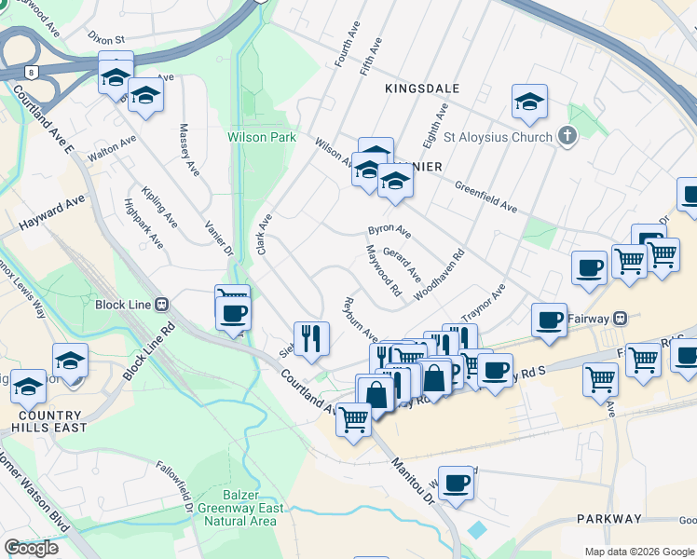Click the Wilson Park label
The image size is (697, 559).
pos(262,137)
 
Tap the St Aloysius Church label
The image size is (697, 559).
pos(498,137)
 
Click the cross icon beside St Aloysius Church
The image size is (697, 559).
pos(567,137)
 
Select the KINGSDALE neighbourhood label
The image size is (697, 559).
pos(422,88)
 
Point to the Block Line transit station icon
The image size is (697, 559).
pos(161,304)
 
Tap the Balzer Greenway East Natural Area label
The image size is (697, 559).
pos(237,508)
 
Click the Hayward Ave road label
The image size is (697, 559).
pos(52,213)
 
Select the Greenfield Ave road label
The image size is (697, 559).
pos(485,197)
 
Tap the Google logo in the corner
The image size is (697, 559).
pos(31,547)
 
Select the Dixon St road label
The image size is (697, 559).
pos(105,39)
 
